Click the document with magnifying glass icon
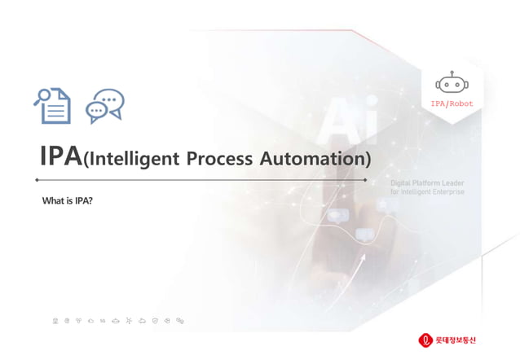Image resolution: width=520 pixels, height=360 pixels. click(x=52, y=105)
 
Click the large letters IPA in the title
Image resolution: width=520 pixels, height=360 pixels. click(x=60, y=156)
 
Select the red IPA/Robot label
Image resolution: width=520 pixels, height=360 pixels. click(x=452, y=103)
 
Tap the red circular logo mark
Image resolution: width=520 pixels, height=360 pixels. click(x=425, y=339)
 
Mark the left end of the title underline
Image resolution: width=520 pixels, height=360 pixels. click(x=38, y=179)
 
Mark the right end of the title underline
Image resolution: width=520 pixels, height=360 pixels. click(x=365, y=179)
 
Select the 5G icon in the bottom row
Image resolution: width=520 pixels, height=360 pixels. click(x=104, y=320)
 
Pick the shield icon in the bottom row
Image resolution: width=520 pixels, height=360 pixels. click(x=155, y=320)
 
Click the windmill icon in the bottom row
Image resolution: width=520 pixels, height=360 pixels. click(x=130, y=320)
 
